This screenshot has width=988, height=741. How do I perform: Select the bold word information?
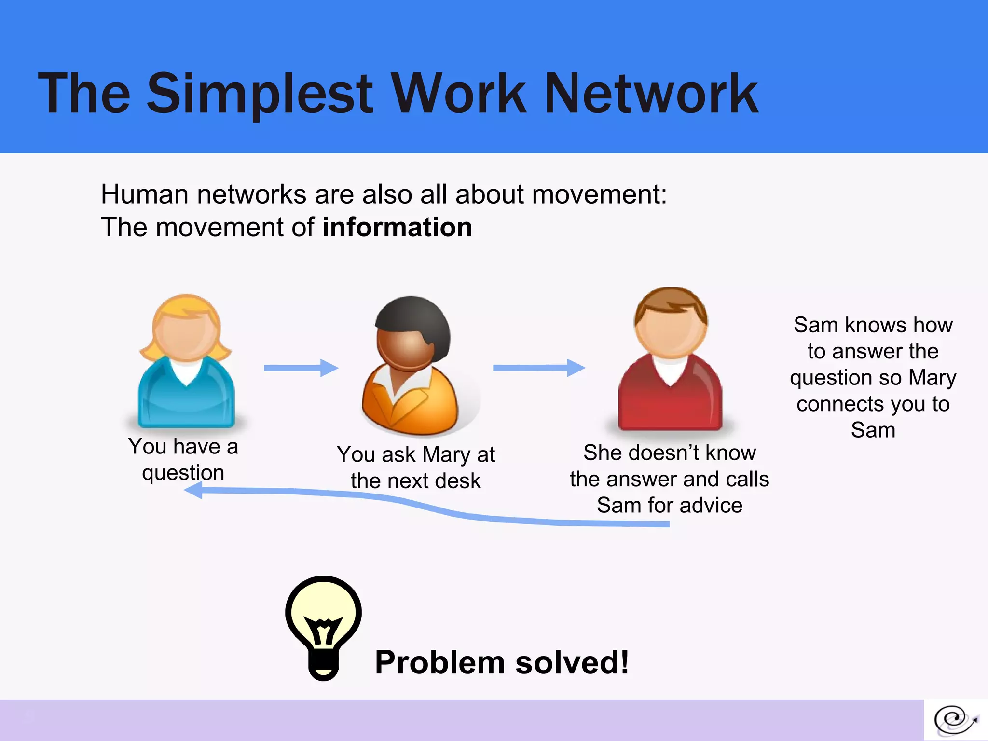(x=397, y=227)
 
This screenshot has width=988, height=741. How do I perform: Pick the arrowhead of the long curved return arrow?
(x=194, y=491)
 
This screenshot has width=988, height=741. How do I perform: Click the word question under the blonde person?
(x=183, y=473)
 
